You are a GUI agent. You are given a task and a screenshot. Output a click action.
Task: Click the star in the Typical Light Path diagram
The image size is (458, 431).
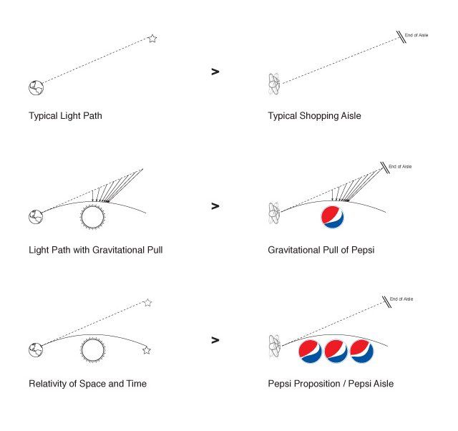tap(152, 39)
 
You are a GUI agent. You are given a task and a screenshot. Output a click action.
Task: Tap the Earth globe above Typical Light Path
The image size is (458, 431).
tap(36, 87)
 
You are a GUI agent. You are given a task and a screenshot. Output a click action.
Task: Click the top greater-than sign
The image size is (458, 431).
tap(215, 72)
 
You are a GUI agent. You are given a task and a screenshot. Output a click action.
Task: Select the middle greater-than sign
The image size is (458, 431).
tap(215, 206)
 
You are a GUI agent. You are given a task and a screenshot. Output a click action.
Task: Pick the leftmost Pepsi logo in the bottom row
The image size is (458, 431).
tap(309, 351)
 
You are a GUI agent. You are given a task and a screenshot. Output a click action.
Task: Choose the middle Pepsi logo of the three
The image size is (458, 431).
tap(336, 351)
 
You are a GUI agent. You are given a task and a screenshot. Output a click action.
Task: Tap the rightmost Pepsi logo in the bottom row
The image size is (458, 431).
tap(362, 351)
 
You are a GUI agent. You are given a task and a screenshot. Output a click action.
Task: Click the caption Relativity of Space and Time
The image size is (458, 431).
tap(87, 384)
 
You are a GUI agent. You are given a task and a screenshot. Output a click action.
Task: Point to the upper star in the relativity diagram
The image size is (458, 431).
tap(147, 303)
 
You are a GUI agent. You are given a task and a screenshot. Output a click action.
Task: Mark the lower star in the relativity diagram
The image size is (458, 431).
tap(147, 350)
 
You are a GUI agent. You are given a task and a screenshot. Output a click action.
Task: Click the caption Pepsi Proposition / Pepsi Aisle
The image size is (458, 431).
tap(331, 384)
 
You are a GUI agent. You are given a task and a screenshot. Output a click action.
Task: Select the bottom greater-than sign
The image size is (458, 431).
tap(215, 340)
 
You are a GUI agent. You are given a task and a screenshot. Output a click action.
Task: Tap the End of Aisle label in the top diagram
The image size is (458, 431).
tap(416, 34)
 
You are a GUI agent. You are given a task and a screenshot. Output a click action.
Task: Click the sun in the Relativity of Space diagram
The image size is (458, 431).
tap(92, 350)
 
